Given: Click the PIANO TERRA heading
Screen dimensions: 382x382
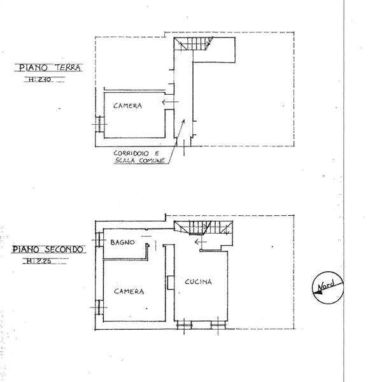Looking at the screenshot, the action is (50, 67).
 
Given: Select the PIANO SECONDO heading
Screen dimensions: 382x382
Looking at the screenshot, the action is (48, 250).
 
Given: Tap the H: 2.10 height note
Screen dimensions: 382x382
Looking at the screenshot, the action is (39, 79).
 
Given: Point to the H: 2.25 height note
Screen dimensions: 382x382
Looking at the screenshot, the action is (39, 261).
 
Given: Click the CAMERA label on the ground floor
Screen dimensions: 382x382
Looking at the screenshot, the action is (127, 106).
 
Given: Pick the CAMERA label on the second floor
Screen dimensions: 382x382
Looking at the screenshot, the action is (129, 292).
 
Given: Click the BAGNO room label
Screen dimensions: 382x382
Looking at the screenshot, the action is (122, 242).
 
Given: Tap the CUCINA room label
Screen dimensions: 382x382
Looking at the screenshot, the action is (198, 282).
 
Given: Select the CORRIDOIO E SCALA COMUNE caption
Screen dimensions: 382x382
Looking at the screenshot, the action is (138, 157).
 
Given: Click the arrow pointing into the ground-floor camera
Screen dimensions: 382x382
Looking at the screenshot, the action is (170, 102).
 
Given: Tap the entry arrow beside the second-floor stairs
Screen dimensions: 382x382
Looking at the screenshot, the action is (201, 242).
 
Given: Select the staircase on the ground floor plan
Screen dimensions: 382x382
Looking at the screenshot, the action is (194, 43).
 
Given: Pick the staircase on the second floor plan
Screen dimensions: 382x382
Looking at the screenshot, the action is (204, 227).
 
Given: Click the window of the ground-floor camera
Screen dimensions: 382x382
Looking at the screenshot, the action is (100, 124).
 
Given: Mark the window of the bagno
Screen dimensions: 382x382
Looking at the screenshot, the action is (99, 240).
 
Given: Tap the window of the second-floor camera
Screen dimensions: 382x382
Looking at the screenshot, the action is (99, 308).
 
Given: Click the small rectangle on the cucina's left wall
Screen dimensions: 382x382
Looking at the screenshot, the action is (171, 283).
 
